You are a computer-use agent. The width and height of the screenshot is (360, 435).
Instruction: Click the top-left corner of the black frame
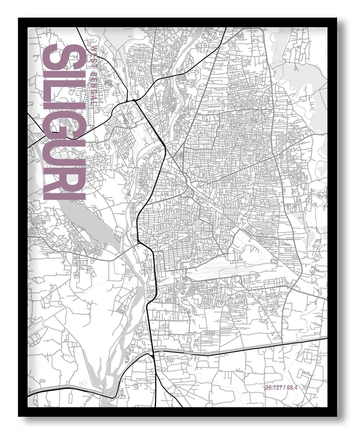[19, 18]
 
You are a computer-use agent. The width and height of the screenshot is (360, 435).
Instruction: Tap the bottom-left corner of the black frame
[19, 415]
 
